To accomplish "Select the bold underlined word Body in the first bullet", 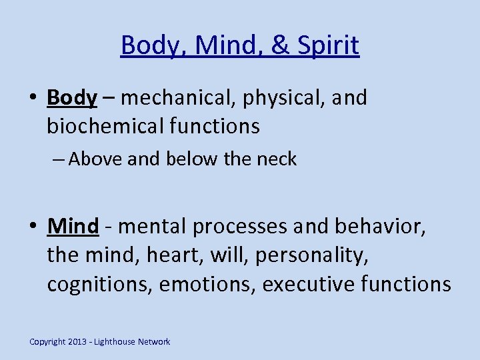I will click(72, 98).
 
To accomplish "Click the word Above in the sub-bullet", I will click(93, 159).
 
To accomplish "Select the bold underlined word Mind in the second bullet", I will click(73, 226).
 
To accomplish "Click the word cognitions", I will click(100, 285).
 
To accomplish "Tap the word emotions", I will click(209, 285).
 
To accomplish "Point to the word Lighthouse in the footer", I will click(115, 342).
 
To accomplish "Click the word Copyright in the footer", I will click(48, 342).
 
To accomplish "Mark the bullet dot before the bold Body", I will click(33, 99).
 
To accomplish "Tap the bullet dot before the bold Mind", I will click(33, 227).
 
